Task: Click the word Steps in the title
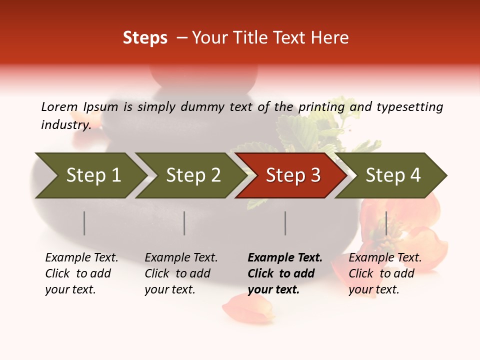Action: pyautogui.click(x=145, y=38)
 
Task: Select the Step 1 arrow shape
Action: pyautogui.click(x=90, y=175)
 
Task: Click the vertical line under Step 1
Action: pyautogui.click(x=84, y=223)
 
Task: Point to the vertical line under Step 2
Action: pyautogui.click(x=184, y=223)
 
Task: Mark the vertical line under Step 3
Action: pyautogui.click(x=285, y=223)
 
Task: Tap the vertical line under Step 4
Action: pyautogui.click(x=386, y=223)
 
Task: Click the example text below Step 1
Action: pyautogui.click(x=81, y=273)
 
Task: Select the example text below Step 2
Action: pyautogui.click(x=181, y=273)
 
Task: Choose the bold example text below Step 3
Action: pyautogui.click(x=284, y=273)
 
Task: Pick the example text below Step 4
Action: pyautogui.click(x=385, y=273)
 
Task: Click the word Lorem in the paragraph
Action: pyautogui.click(x=59, y=106)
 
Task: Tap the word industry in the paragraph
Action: pyautogui.click(x=66, y=125)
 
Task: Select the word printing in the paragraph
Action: pyautogui.click(x=321, y=107)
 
